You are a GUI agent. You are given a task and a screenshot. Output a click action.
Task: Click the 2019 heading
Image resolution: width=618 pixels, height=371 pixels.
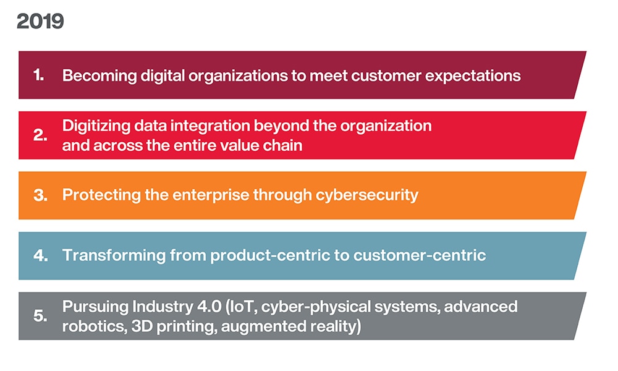(40, 22)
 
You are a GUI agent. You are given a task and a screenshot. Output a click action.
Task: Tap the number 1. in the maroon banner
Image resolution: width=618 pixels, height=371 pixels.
(39, 75)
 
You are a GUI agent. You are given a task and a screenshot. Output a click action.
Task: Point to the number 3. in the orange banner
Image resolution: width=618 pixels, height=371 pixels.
(40, 196)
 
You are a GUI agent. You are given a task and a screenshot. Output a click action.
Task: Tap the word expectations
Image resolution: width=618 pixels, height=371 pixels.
(475, 76)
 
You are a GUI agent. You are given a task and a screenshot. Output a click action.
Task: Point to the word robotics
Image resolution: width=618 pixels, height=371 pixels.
(90, 326)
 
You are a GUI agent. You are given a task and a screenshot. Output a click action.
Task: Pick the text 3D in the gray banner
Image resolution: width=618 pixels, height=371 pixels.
(137, 326)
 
